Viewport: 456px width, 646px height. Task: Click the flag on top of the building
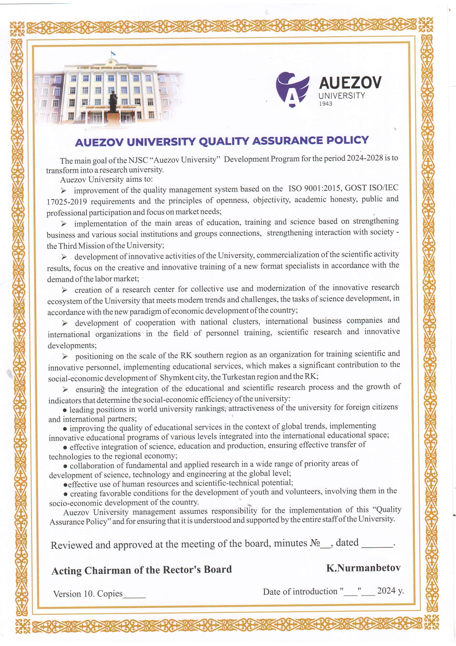113,54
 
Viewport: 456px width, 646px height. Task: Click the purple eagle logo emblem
292,89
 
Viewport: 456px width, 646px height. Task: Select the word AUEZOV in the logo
350,83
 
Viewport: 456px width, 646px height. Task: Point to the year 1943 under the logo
325,104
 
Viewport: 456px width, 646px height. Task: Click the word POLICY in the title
347,140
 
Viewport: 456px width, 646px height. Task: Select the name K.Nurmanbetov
363,568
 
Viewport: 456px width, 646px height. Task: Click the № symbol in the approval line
315,543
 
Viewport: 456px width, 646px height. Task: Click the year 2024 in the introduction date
386,591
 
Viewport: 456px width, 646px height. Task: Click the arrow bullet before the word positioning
65,356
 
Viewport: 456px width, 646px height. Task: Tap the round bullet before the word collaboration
65,466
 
